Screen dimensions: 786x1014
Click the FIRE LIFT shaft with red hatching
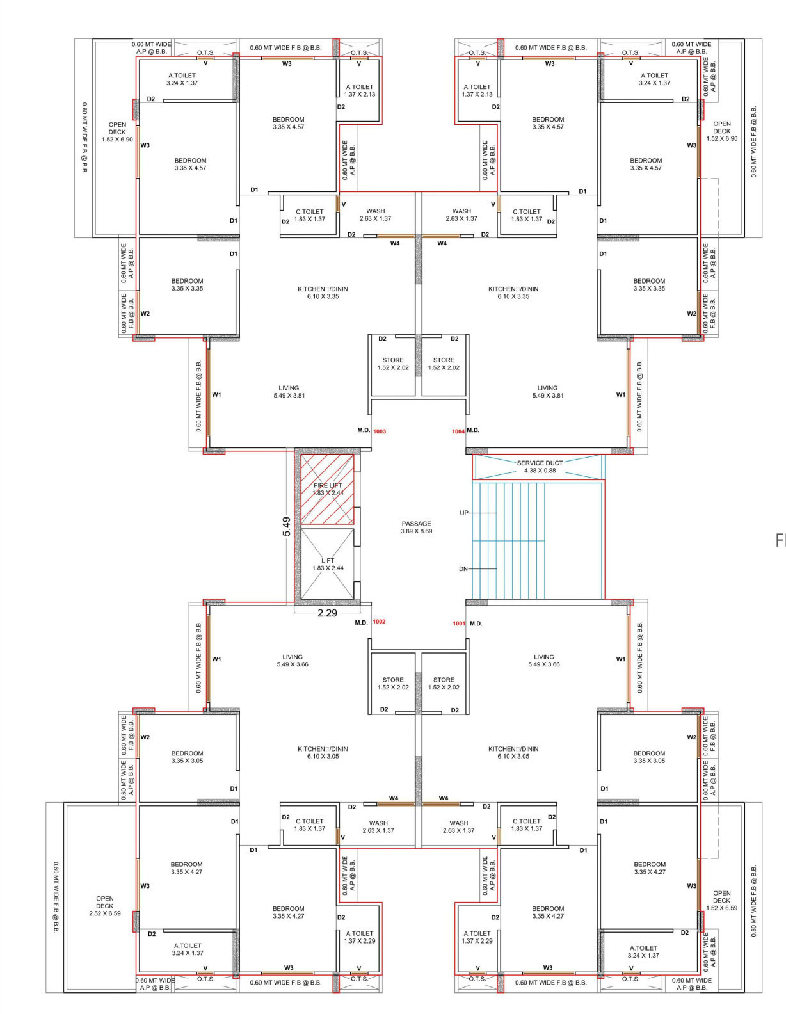(328, 488)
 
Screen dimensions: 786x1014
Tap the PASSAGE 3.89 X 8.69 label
(417, 527)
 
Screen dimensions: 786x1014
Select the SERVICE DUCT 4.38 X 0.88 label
(540, 467)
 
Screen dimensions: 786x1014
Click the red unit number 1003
(380, 431)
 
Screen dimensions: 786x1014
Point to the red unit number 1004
(458, 431)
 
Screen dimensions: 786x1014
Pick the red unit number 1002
(380, 622)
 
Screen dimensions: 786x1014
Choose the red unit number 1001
(459, 624)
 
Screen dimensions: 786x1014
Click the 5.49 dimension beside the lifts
(286, 526)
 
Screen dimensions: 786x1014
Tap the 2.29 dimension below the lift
(328, 613)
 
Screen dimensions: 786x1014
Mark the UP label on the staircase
(463, 513)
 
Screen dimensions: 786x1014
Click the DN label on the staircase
(463, 569)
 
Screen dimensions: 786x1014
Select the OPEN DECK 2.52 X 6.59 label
(105, 906)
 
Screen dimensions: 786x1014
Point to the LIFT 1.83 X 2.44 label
(328, 564)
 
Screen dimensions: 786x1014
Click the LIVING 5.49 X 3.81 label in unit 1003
(289, 392)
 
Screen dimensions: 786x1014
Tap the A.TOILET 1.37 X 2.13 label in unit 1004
(477, 90)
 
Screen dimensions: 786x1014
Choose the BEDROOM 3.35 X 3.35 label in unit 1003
(187, 285)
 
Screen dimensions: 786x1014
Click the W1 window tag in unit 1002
(216, 659)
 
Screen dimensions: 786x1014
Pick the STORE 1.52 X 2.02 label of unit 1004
(444, 364)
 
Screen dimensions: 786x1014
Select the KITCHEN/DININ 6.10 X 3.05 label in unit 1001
(513, 753)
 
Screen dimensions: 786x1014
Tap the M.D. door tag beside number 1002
(362, 622)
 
